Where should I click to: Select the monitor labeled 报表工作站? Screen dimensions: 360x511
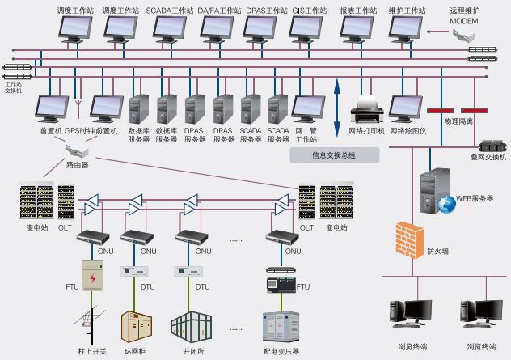pyautogui.click(x=357, y=28)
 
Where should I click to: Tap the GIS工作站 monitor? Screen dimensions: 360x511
pyautogui.click(x=309, y=28)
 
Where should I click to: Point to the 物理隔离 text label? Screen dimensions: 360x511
pyautogui.click(x=458, y=121)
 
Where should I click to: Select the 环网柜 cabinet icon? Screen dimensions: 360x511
pyautogui.click(x=135, y=325)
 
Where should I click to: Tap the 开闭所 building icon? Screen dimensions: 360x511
pyautogui.click(x=191, y=324)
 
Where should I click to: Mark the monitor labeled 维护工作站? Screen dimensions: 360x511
pyautogui.click(x=406, y=28)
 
